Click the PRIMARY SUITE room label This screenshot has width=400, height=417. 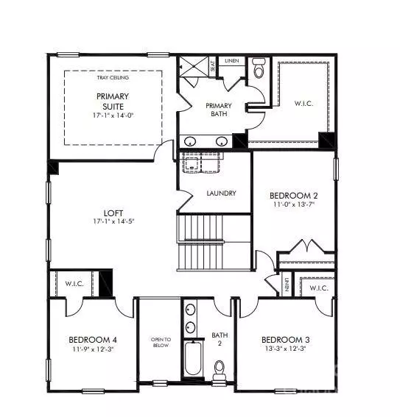[112, 101]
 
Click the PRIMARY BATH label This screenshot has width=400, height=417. [219, 110]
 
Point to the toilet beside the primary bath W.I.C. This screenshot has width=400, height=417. [258, 69]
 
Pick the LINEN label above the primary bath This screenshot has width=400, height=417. [231, 60]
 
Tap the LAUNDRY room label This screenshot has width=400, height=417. [222, 193]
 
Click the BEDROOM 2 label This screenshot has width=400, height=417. [292, 195]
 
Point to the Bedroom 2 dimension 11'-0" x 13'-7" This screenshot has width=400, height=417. [292, 205]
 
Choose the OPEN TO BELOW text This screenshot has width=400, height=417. [161, 343]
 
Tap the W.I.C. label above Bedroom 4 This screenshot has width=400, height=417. [74, 283]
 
